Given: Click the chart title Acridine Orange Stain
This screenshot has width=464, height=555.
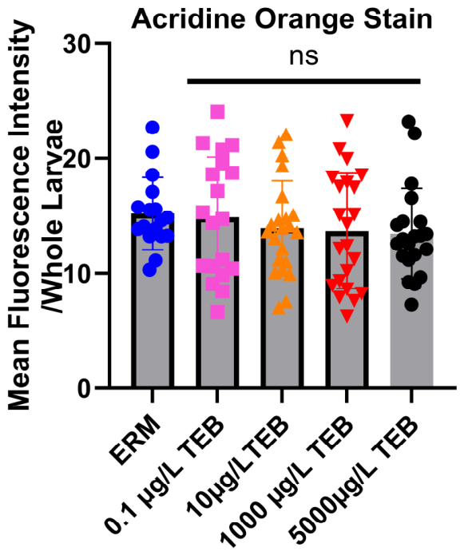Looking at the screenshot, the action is [282, 18].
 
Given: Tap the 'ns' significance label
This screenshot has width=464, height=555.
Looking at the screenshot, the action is [303, 57].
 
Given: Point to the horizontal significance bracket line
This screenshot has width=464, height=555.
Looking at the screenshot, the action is [303, 81].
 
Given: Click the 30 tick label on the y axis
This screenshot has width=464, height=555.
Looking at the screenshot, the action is [80, 43].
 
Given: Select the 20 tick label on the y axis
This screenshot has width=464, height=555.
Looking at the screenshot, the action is [80, 158].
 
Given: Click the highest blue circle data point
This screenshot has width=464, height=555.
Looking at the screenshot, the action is [153, 128].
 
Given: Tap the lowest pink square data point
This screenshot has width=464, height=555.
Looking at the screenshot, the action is [218, 312].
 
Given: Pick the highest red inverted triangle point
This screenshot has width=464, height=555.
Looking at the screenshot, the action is [347, 121].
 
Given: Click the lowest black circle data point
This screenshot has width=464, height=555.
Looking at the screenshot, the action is [411, 304].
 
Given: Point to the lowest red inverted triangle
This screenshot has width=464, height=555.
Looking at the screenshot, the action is [347, 315].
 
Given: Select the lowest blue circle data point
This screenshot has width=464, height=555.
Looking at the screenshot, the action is [149, 271].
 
